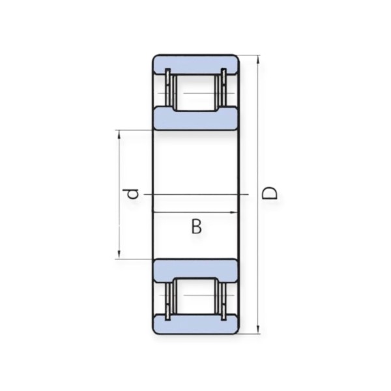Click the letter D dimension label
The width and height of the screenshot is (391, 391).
[270, 194]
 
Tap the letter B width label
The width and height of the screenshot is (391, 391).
[197, 226]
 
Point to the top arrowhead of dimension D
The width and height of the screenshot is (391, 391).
[258, 59]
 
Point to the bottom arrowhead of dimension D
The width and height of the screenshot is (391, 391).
[258, 329]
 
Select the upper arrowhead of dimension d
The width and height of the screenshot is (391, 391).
[119, 134]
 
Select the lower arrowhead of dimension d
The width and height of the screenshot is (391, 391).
[119, 255]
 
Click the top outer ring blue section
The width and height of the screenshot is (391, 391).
[195, 65]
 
